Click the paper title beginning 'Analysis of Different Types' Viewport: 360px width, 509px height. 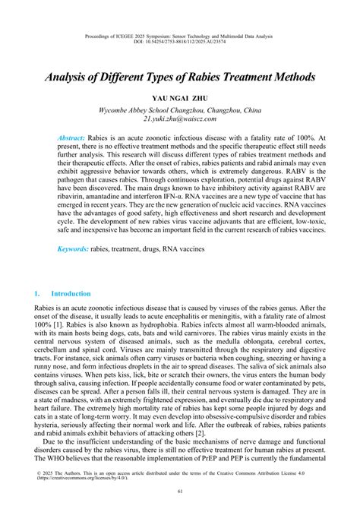pos(179,77)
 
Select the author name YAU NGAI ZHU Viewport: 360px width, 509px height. pos(179,99)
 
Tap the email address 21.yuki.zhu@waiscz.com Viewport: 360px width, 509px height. pos(179,119)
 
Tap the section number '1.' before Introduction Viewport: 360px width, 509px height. pos(37,292)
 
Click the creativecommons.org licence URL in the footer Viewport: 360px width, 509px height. pos(84,475)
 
